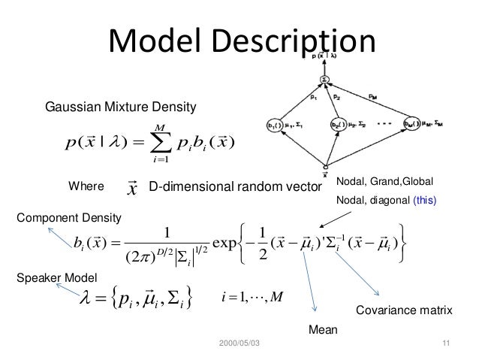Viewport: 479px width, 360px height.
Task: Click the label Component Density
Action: tap(68, 219)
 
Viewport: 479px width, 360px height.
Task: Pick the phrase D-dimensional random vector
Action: tap(236, 185)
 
